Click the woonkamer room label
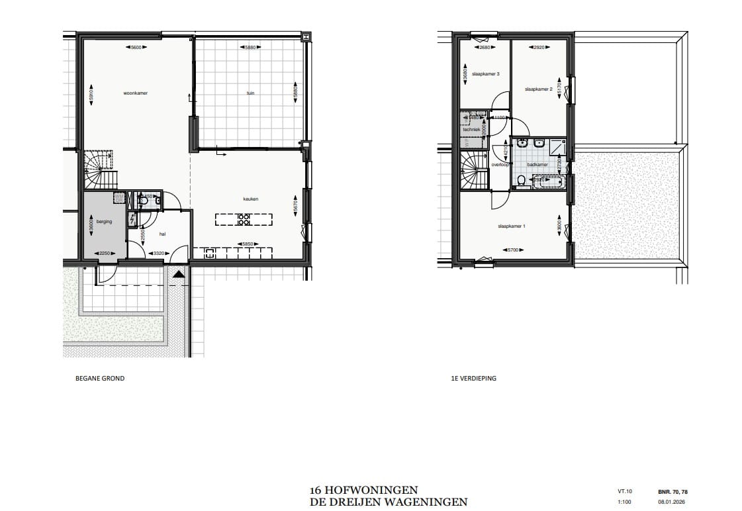(x=135, y=93)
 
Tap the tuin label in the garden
(x=250, y=93)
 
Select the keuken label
(x=250, y=199)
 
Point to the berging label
(x=105, y=222)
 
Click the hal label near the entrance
(x=162, y=234)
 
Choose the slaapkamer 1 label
(x=511, y=226)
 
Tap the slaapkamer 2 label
(x=538, y=89)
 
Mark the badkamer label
(x=537, y=164)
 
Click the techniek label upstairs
(x=471, y=130)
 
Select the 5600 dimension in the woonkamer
(x=136, y=48)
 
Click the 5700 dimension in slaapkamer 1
(x=512, y=250)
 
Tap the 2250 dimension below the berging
(x=105, y=253)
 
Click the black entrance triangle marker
(x=179, y=273)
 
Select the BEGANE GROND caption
(x=101, y=379)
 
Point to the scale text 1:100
(x=624, y=502)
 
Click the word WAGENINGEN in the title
(x=428, y=502)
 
